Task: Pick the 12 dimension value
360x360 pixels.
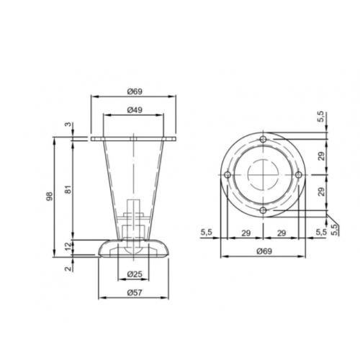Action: pyautogui.click(x=68, y=247)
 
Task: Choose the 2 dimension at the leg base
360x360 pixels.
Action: pyautogui.click(x=68, y=269)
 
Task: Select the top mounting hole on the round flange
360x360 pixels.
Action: pyautogui.click(x=263, y=139)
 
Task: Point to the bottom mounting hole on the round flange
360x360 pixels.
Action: pyautogui.click(x=263, y=210)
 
